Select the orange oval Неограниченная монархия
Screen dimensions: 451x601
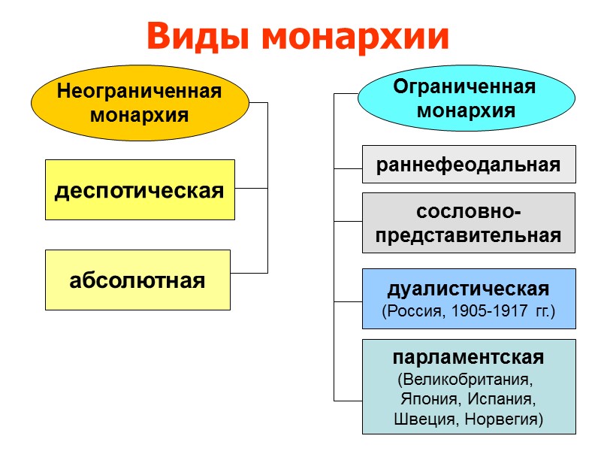pyautogui.click(x=140, y=104)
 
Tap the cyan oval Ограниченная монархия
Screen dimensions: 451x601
pyautogui.click(x=466, y=98)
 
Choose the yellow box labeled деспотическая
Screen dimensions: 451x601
pyautogui.click(x=140, y=190)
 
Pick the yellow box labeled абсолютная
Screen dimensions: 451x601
pyautogui.click(x=137, y=280)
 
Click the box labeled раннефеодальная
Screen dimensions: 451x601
pyautogui.click(x=469, y=165)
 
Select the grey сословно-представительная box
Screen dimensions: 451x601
pyautogui.click(x=469, y=223)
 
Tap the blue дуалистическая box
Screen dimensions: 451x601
pyautogui.click(x=469, y=298)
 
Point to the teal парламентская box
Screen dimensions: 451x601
pyautogui.click(x=469, y=386)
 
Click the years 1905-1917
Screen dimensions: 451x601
pyautogui.click(x=491, y=310)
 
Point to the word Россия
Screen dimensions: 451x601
pyautogui.click(x=413, y=310)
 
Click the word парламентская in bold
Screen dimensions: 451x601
pyautogui.click(x=468, y=357)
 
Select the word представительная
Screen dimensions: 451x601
pyautogui.click(x=468, y=235)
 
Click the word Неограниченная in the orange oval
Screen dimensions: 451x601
pyautogui.click(x=140, y=92)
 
